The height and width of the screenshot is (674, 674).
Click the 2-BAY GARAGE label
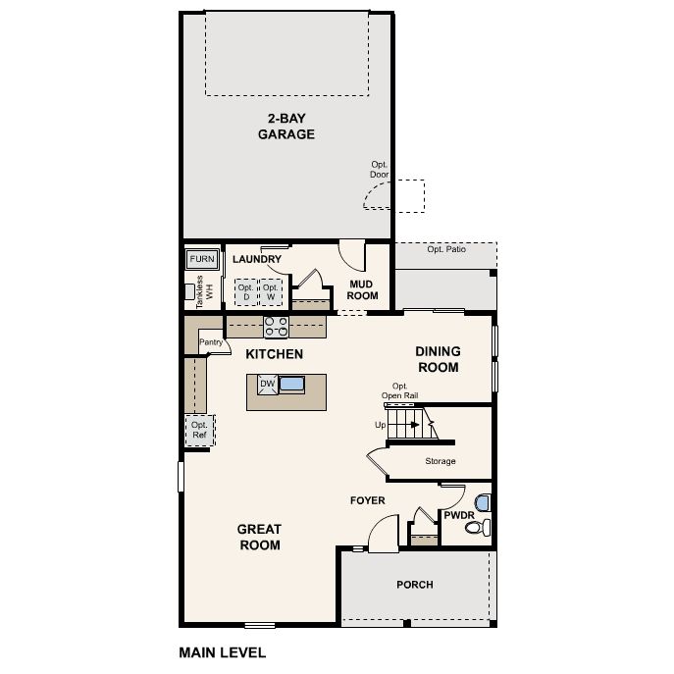click(286, 127)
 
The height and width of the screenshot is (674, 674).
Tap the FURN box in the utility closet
click(202, 259)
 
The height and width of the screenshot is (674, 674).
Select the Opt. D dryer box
click(245, 292)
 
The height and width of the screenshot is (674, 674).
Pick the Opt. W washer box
click(271, 292)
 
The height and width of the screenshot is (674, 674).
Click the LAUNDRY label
click(257, 259)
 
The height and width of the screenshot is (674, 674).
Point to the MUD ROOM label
click(363, 289)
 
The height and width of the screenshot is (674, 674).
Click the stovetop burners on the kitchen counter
click(276, 326)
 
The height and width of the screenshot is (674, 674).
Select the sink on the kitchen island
click(292, 384)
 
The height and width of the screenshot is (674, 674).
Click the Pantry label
click(212, 342)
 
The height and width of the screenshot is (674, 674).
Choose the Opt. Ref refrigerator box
click(199, 429)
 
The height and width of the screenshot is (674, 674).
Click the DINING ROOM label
click(437, 359)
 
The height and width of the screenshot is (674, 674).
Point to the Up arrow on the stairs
click(381, 425)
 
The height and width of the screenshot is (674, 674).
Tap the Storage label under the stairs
click(440, 461)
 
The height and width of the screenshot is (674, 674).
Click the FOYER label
click(368, 500)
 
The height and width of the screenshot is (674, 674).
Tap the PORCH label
click(414, 585)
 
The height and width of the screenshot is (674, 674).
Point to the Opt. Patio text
click(445, 249)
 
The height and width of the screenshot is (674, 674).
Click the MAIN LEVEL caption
click(222, 650)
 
